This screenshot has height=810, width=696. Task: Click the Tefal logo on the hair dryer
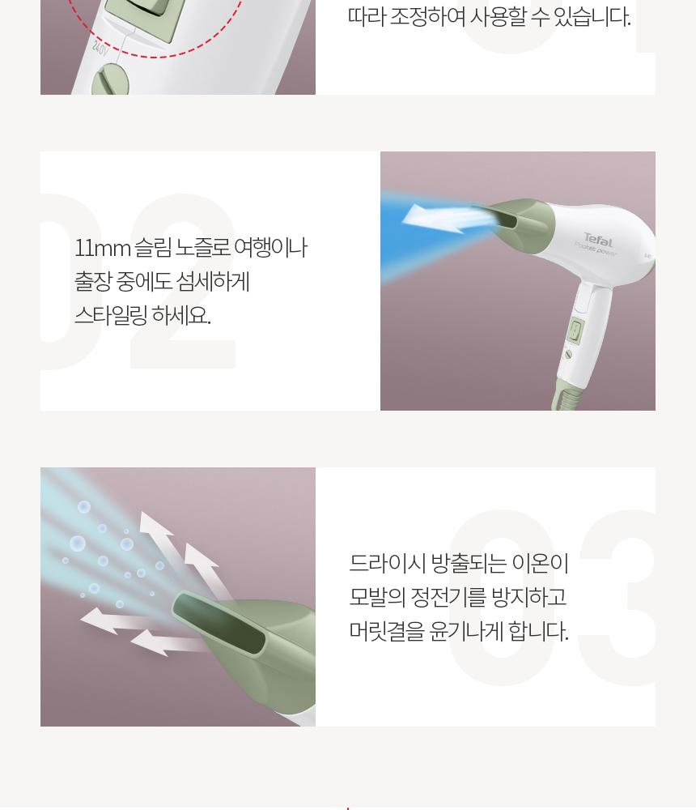click(598, 240)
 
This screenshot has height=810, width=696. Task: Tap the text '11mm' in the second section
click(102, 249)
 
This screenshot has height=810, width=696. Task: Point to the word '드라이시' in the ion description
click(387, 563)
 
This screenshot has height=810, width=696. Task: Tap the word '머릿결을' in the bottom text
click(387, 631)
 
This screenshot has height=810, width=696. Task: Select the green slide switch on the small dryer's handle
click(576, 330)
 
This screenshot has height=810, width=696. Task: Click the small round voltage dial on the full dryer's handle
click(568, 355)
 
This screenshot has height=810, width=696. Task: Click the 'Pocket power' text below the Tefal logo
click(596, 249)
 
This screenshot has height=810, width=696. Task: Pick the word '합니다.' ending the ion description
click(538, 631)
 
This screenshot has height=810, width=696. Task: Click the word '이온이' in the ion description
click(540, 563)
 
